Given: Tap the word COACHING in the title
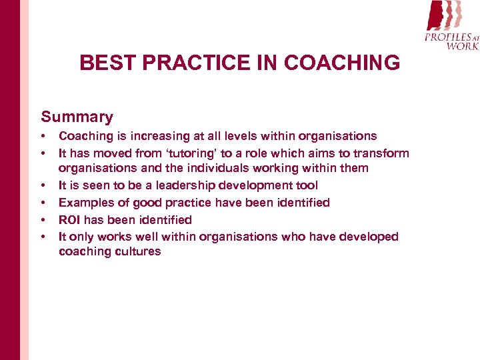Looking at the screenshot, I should coord(341,63).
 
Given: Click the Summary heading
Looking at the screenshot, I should coord(77,117).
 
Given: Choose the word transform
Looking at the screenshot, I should coord(384,153).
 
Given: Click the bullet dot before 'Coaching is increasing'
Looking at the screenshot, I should coord(44,136).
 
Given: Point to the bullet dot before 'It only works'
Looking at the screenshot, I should coord(44,237).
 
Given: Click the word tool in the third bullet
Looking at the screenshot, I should coord(307,186).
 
